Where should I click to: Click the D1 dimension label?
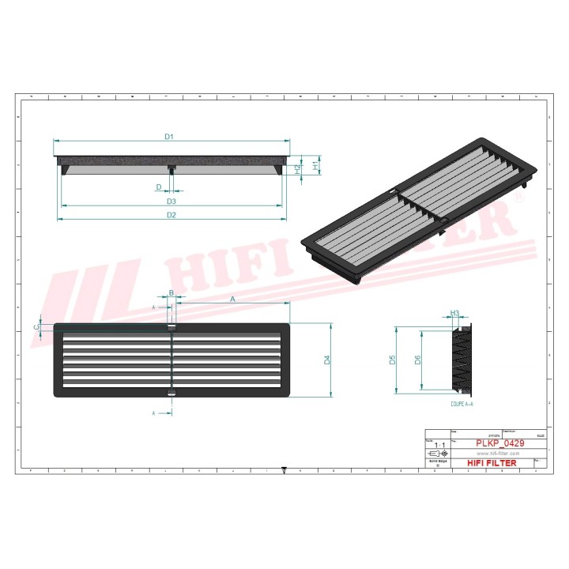point(168,137)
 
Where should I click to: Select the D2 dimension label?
point(171,215)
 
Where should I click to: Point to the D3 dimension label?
point(171,202)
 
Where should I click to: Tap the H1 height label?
point(315,167)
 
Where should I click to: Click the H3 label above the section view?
point(454,314)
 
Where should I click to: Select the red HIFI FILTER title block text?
point(492,463)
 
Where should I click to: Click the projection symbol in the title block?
point(437,454)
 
